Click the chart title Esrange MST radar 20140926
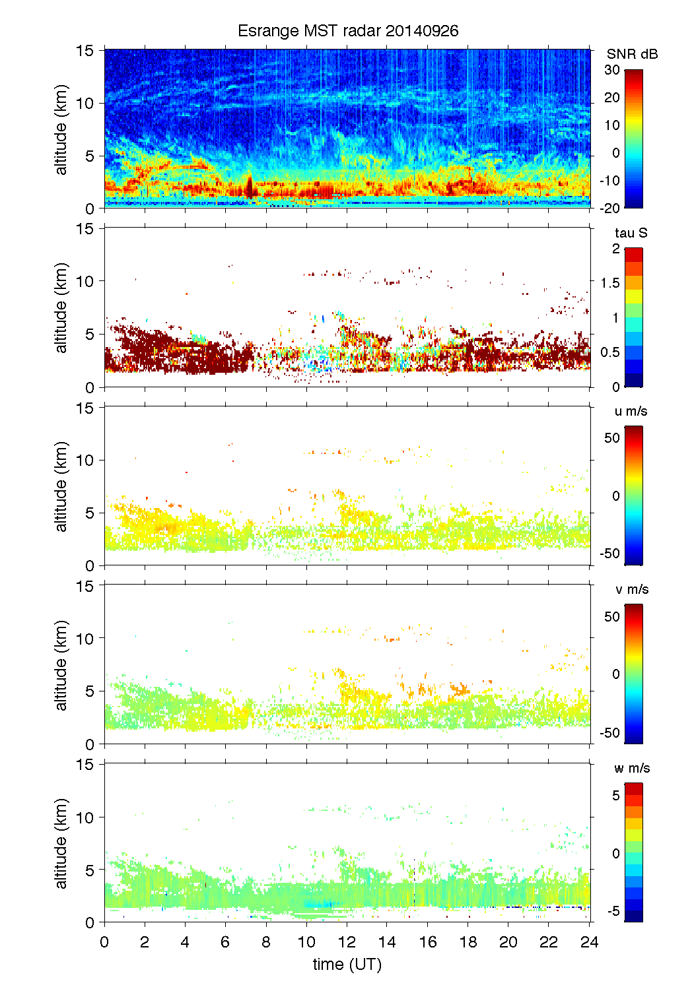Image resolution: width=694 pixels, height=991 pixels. click(x=347, y=31)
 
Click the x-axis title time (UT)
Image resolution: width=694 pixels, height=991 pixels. click(x=347, y=964)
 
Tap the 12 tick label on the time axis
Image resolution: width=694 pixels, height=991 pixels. click(x=347, y=942)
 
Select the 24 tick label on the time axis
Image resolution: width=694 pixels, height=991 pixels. click(x=589, y=942)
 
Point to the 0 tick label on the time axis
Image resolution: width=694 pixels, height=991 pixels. click(x=104, y=942)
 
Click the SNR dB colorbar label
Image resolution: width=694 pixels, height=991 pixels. click(x=632, y=54)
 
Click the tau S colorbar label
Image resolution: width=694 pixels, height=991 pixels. click(x=631, y=233)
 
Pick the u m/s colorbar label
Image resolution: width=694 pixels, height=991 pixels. click(x=631, y=411)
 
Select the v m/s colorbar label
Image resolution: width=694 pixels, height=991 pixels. click(x=631, y=589)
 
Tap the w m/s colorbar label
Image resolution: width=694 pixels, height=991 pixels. click(x=631, y=768)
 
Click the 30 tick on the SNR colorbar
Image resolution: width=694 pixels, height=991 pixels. click(x=612, y=70)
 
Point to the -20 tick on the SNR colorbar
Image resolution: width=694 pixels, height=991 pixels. click(x=610, y=208)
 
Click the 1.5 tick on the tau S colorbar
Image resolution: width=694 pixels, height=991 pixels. click(x=610, y=282)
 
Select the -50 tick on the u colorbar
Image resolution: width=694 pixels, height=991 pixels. click(x=610, y=554)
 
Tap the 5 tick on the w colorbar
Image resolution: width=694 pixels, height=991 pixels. click(x=615, y=796)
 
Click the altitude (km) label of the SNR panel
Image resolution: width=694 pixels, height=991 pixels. click(x=61, y=129)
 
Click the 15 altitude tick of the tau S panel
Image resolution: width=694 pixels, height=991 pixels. click(x=86, y=229)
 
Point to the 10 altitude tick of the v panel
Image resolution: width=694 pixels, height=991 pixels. click(x=86, y=638)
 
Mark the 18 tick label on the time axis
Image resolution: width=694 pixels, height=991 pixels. click(x=468, y=942)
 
